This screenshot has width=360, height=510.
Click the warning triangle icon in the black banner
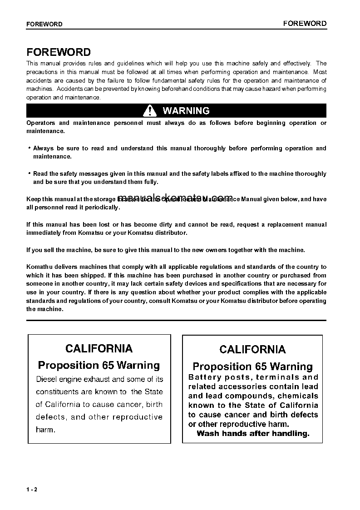(149, 110)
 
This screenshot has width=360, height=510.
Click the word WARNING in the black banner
(186, 110)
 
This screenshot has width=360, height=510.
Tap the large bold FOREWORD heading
(59, 52)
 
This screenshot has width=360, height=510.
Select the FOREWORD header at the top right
(305, 23)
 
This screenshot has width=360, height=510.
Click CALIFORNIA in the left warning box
(99, 348)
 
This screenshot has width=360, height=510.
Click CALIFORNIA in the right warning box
(252, 349)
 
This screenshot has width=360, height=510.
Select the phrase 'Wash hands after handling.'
(253, 433)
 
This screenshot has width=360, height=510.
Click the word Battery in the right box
(202, 377)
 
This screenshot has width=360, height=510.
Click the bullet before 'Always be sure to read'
(29, 148)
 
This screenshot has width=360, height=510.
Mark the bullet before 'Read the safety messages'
(29, 173)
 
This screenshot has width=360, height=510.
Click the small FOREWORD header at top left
(44, 24)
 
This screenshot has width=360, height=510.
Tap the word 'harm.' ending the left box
(45, 430)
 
